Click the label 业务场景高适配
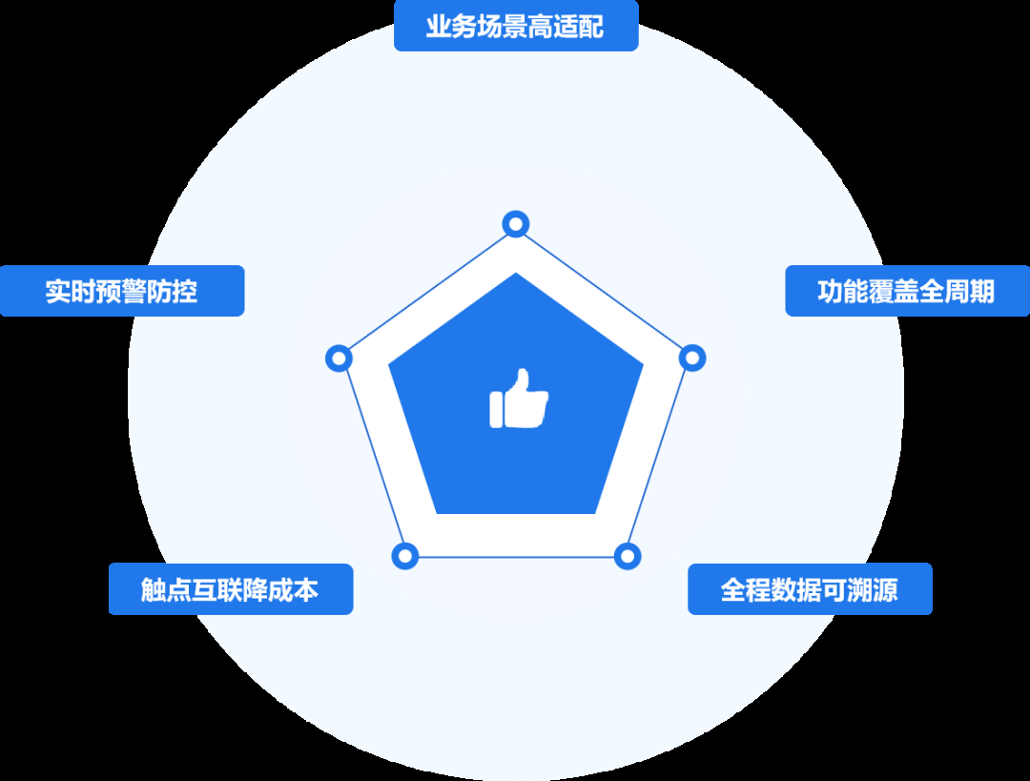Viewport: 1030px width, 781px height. tap(515, 26)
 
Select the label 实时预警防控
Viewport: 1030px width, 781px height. tap(122, 291)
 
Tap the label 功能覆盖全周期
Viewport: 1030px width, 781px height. tap(906, 291)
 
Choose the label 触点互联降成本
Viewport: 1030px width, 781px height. tap(230, 589)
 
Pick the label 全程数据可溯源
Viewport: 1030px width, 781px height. tap(810, 589)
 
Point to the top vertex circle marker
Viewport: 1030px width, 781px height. tap(516, 224)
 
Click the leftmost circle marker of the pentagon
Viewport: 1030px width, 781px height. tap(339, 359)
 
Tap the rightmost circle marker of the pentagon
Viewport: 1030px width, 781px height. tap(693, 359)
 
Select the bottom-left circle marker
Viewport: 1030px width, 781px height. tap(405, 556)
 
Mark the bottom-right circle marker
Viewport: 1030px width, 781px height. tap(627, 556)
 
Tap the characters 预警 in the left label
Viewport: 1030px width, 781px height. tap(122, 291)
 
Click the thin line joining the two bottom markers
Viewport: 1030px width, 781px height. tap(516, 557)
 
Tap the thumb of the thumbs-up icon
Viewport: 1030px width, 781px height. tap(522, 381)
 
